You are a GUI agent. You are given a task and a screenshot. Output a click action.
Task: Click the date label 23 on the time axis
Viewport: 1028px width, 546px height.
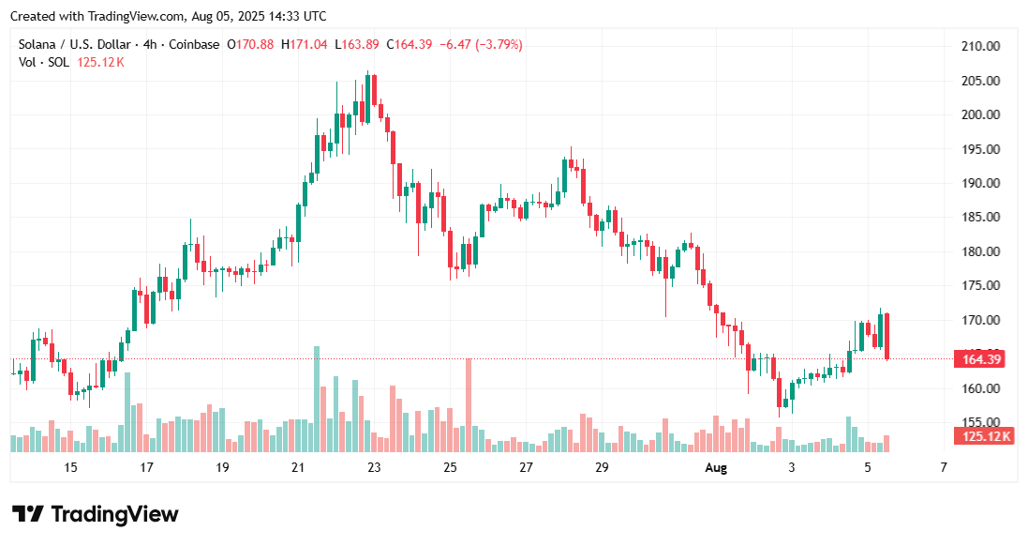tap(374, 467)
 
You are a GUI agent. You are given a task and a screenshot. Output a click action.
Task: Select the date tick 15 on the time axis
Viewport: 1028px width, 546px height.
tap(70, 467)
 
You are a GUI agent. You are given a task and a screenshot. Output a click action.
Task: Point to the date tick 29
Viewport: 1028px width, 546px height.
tap(601, 467)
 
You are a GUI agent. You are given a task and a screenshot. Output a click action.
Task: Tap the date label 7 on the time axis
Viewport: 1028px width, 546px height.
tap(944, 467)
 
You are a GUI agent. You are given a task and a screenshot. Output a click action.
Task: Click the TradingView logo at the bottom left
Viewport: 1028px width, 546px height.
tap(95, 514)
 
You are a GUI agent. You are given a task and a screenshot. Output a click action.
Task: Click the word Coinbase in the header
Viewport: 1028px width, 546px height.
tap(196, 44)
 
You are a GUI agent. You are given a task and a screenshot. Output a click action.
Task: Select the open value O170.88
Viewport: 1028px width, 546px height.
tap(250, 44)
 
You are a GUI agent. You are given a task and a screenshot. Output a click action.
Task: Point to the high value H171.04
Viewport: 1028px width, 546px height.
tap(303, 44)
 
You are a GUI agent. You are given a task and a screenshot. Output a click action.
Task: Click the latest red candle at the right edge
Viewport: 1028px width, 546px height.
tap(886, 336)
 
